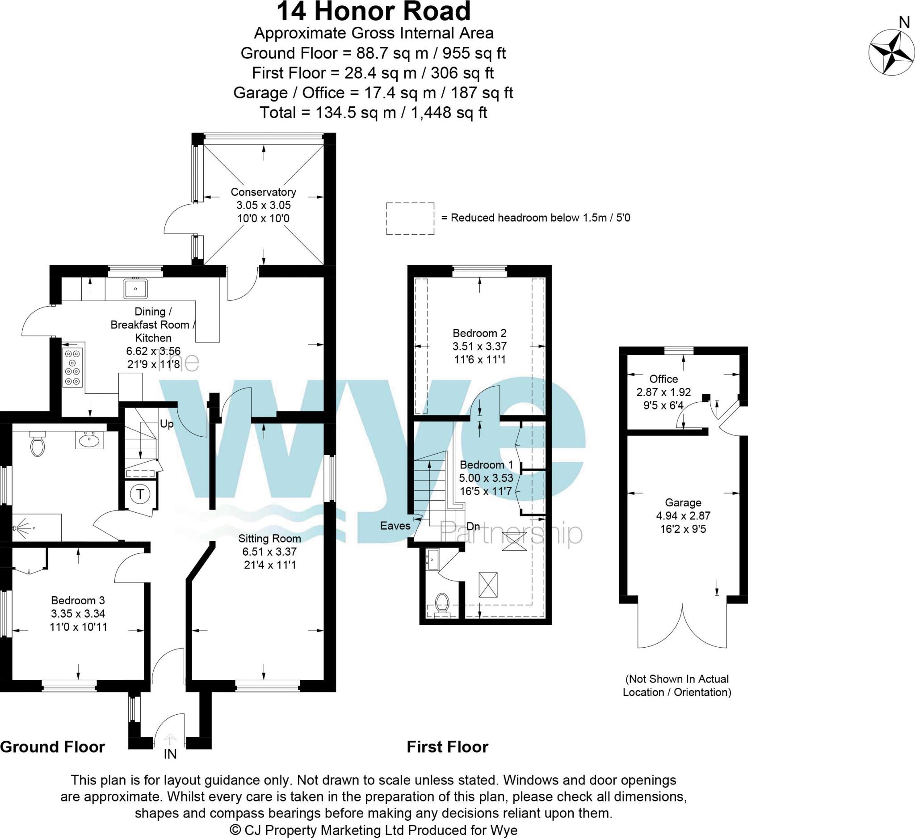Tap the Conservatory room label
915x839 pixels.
(x=263, y=192)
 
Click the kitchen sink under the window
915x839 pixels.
(x=136, y=288)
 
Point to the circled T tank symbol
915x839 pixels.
(x=140, y=494)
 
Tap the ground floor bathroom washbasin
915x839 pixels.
(x=89, y=439)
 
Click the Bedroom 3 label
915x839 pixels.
(x=78, y=600)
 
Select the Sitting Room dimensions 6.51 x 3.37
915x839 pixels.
(x=269, y=552)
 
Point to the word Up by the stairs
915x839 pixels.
(x=167, y=424)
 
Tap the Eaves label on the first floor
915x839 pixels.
(x=395, y=526)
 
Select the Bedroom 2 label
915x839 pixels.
(x=479, y=333)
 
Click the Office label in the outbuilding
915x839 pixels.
(x=663, y=379)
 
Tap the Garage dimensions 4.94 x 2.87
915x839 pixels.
(x=683, y=516)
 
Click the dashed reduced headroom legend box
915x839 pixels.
(x=410, y=219)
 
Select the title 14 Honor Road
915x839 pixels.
(x=373, y=12)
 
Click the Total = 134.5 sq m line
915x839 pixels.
(x=373, y=113)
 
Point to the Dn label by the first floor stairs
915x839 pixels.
(x=473, y=527)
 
